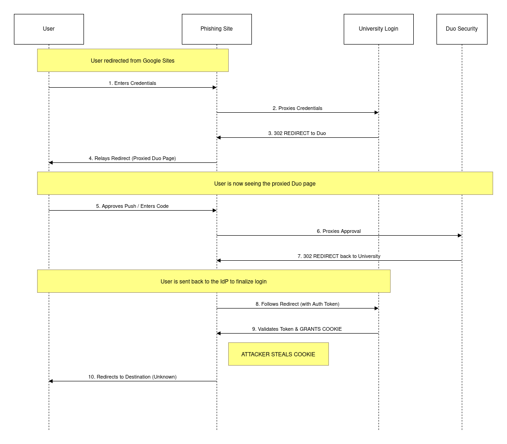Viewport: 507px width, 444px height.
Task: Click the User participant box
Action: [49, 29]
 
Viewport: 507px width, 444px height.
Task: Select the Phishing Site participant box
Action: [217, 29]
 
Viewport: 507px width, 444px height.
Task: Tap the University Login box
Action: [379, 29]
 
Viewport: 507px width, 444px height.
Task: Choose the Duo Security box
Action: [462, 29]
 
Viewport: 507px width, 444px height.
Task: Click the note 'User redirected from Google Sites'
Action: [133, 60]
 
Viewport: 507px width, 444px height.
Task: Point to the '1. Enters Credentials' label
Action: [132, 83]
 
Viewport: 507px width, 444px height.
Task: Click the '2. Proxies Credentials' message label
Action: [297, 108]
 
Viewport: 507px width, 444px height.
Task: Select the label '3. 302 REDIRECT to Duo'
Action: [297, 133]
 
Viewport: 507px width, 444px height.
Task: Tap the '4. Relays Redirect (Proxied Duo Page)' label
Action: [132, 158]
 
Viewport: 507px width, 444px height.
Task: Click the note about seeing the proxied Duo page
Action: [265, 183]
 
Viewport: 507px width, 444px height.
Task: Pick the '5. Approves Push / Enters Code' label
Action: [132, 206]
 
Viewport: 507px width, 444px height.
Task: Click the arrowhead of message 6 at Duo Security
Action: [460, 235]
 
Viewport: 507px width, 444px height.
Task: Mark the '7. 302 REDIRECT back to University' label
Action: [339, 256]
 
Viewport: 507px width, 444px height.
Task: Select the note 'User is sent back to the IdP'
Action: [213, 281]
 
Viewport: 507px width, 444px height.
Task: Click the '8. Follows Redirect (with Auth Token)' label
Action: [297, 304]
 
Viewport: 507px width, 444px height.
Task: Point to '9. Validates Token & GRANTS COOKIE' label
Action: [297, 329]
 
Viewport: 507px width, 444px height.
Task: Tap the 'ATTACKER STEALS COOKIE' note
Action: [278, 354]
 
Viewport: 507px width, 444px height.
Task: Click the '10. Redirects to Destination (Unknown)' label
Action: [132, 377]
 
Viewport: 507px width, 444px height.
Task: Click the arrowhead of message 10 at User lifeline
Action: [51, 381]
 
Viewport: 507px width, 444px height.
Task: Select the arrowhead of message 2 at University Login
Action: [376, 112]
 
